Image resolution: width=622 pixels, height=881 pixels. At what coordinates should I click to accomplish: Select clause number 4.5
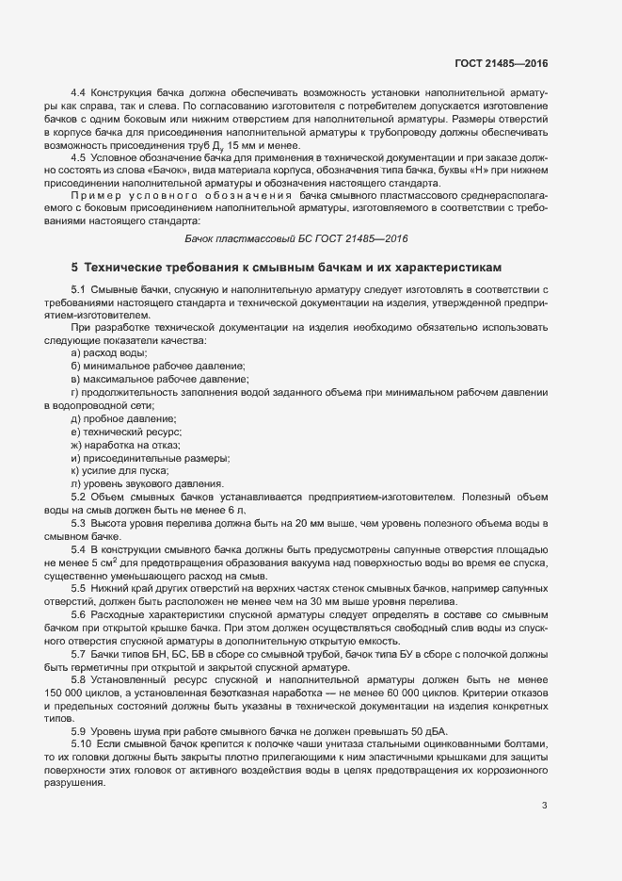click(79, 157)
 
